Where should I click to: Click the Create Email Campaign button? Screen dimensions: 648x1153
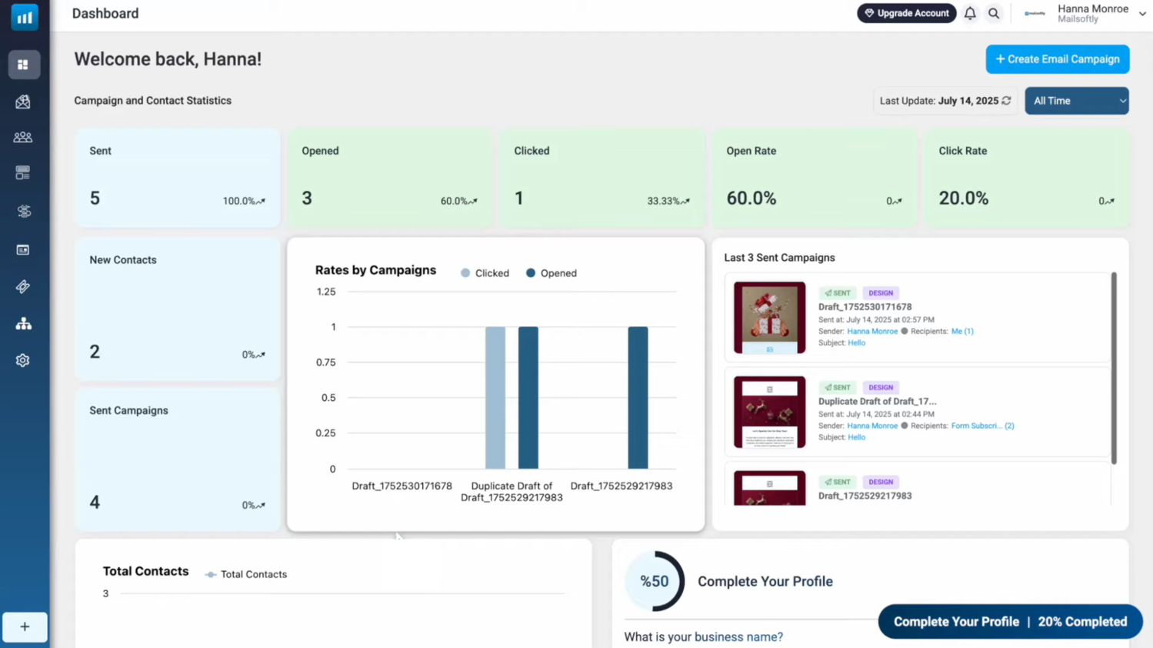(x=1057, y=59)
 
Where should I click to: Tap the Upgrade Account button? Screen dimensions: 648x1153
(x=906, y=13)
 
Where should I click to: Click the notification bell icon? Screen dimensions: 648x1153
(x=970, y=13)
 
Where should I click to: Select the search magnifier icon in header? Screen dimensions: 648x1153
(x=994, y=13)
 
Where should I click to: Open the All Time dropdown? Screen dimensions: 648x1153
(x=1076, y=101)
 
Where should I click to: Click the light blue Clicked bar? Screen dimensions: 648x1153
(x=495, y=397)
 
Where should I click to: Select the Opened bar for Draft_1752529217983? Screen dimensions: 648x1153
(x=638, y=397)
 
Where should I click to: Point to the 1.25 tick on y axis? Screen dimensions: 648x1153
(x=326, y=292)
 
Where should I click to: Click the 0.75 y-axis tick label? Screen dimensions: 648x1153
(x=326, y=362)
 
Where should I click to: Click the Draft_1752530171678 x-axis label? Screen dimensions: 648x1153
(x=402, y=486)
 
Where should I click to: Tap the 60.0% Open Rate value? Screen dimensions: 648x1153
(x=751, y=199)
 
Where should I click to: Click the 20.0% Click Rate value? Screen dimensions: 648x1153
(x=963, y=199)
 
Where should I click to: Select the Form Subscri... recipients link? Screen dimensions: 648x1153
(x=982, y=426)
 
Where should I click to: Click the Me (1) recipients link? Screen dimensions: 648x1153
(x=961, y=331)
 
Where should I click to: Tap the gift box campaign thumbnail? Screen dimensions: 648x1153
(x=769, y=317)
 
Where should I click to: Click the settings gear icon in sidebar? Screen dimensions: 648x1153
(x=23, y=360)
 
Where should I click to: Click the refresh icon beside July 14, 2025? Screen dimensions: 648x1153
(x=1006, y=101)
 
